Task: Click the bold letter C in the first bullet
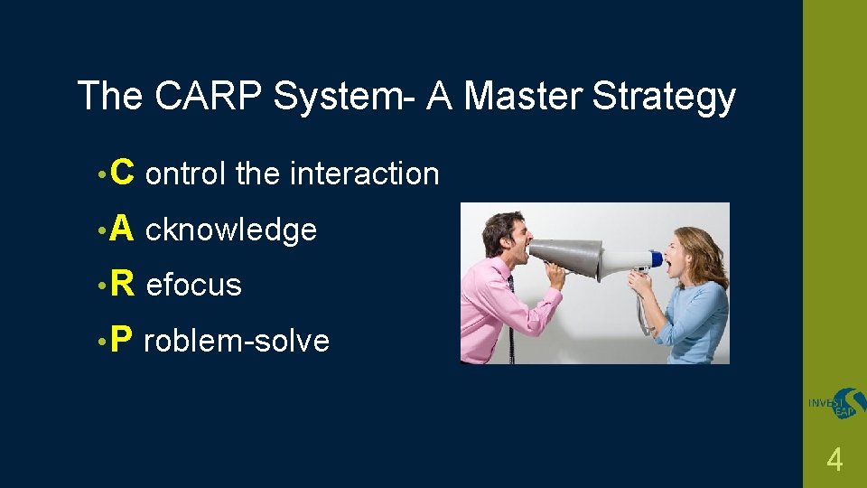[124, 172]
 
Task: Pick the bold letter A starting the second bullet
[124, 229]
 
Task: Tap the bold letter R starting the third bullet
[124, 284]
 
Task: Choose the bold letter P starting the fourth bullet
[124, 340]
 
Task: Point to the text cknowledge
[230, 230]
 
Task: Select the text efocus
[193, 285]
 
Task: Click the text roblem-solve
[237, 342]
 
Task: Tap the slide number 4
[834, 461]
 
